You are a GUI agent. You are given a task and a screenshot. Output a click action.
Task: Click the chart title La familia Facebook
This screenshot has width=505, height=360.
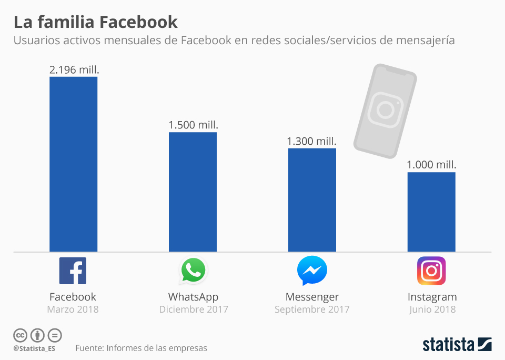click(x=95, y=22)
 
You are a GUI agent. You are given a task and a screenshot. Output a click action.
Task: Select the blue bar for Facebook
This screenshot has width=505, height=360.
click(x=73, y=164)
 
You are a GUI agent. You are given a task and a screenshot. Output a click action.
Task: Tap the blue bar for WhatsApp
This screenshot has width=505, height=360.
click(x=193, y=192)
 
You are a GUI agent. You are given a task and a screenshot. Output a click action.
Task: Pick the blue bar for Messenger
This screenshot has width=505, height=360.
click(x=312, y=200)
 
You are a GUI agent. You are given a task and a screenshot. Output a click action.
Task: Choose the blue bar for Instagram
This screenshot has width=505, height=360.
click(x=431, y=212)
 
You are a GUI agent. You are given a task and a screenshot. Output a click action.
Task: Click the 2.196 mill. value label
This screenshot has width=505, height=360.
click(x=74, y=69)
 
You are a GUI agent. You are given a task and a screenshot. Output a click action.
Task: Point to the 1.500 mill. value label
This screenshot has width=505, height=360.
click(x=193, y=125)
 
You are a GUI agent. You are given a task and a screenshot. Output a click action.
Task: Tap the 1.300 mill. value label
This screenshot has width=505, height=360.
click(x=311, y=141)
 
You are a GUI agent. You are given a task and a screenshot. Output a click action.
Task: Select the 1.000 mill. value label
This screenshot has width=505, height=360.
click(x=431, y=165)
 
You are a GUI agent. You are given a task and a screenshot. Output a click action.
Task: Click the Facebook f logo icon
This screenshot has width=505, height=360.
click(x=73, y=271)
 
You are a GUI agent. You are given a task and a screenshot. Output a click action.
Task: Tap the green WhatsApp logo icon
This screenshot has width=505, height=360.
click(x=193, y=271)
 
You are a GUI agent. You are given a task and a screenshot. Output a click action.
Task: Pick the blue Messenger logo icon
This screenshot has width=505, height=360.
click(x=312, y=271)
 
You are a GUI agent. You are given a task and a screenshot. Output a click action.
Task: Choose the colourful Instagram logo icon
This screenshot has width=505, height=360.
click(x=431, y=271)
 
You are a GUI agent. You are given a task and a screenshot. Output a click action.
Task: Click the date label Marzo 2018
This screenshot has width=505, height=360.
click(x=73, y=309)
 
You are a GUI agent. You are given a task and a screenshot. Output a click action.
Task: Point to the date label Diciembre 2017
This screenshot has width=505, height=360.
click(x=194, y=309)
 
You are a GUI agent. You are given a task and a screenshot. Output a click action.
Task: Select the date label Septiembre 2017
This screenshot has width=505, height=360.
click(x=312, y=309)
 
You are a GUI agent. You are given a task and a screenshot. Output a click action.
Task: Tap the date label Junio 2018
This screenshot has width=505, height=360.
click(x=432, y=309)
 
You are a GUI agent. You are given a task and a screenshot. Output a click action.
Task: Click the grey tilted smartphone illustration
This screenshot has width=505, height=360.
click(x=385, y=111)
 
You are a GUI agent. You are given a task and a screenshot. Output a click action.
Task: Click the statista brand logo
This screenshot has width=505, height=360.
click(x=457, y=345)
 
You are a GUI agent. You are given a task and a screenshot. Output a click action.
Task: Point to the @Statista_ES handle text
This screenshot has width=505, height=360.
click(x=34, y=348)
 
